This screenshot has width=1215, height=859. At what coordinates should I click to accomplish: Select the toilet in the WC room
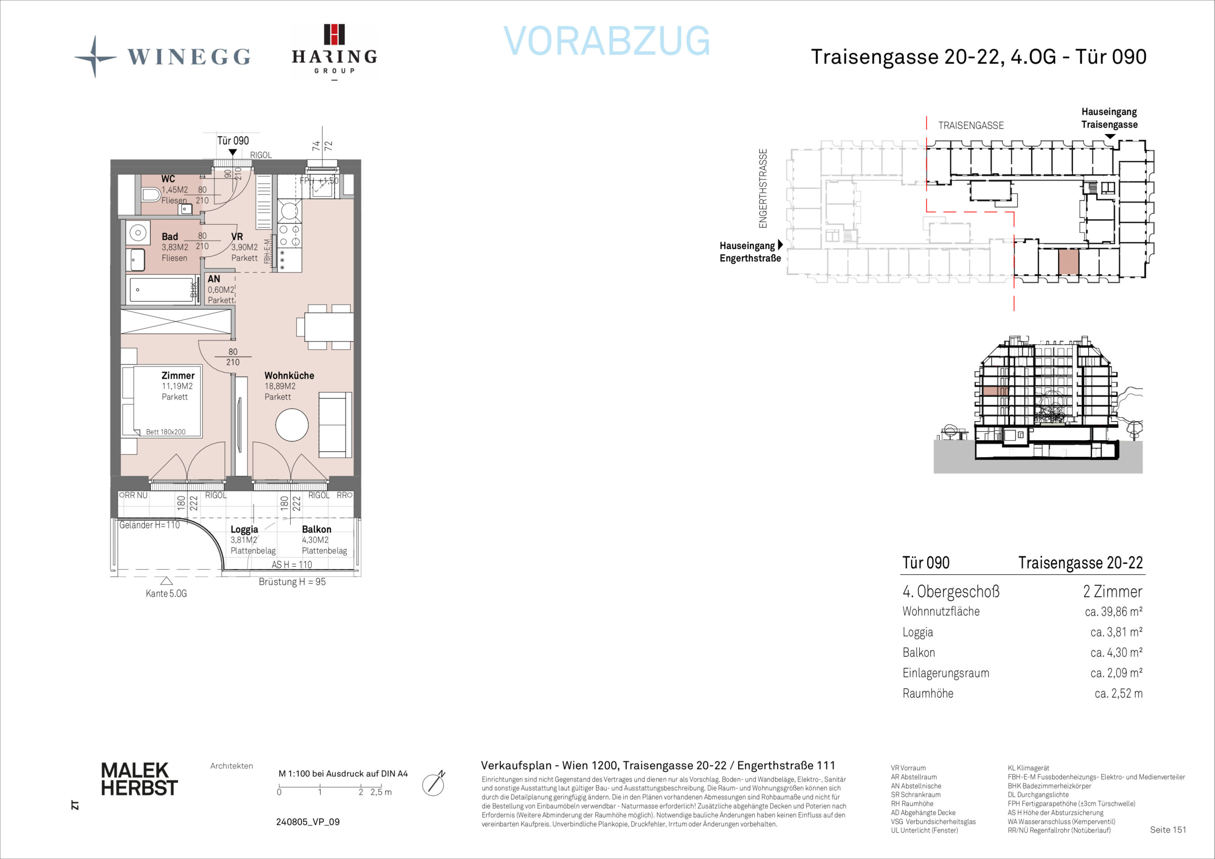click(151, 195)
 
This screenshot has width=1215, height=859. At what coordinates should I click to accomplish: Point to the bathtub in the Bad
click(161, 290)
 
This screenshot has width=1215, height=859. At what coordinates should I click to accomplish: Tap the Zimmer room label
click(178, 375)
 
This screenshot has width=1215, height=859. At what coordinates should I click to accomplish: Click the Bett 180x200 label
click(166, 432)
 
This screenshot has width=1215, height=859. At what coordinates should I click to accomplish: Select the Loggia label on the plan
click(245, 529)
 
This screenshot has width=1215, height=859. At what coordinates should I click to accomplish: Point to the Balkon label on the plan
click(316, 529)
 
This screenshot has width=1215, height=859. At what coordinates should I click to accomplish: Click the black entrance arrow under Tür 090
click(233, 152)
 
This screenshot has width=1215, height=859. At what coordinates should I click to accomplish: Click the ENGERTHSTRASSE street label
click(763, 189)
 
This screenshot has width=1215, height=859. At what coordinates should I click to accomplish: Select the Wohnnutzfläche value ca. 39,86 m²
click(1113, 612)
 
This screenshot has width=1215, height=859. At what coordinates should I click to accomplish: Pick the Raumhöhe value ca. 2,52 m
click(1118, 693)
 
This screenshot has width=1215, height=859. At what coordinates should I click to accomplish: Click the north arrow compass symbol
click(433, 784)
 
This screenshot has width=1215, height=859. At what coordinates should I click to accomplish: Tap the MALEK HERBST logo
click(139, 779)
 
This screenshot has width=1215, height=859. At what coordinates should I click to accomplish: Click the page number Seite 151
click(1168, 830)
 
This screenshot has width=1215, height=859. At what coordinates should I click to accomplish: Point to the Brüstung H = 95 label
click(292, 582)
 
